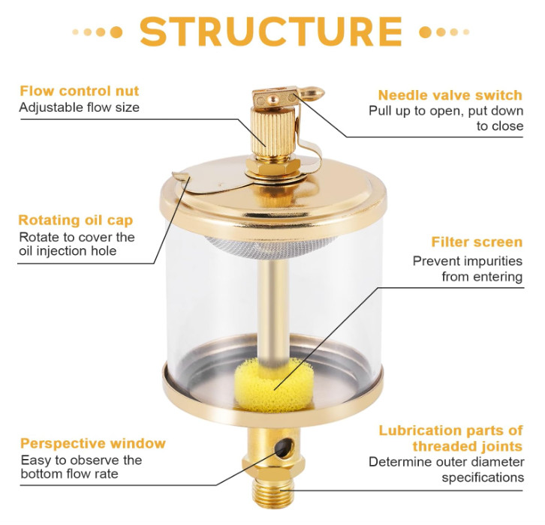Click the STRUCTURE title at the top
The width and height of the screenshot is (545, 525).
point(271,31)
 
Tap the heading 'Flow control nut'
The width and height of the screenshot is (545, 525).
point(80,91)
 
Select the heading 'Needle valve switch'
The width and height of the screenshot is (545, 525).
point(450,95)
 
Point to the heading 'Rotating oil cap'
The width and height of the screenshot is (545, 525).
point(75,220)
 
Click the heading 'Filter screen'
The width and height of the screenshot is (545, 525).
point(477,242)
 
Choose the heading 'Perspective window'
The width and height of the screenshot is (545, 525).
point(93,443)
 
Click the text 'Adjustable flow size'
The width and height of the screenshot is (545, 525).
point(80,107)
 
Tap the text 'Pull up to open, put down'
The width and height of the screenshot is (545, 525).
point(446,111)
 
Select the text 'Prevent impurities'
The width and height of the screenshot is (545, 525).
point(468,261)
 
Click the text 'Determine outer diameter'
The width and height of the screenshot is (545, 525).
point(447,462)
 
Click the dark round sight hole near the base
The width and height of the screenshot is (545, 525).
point(284,448)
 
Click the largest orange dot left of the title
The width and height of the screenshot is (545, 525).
point(116,32)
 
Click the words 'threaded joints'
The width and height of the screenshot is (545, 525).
point(468,446)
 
